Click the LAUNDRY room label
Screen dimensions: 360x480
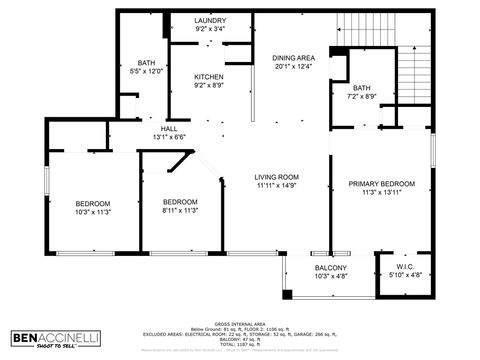[209, 20]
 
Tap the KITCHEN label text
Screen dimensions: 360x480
[209, 77]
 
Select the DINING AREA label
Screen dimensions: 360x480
[293, 57]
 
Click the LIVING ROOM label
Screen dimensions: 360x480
[278, 176]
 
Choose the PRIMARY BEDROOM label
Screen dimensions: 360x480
[381, 184]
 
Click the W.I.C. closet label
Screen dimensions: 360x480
[404, 266]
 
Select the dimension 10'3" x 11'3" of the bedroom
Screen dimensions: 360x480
[93, 211]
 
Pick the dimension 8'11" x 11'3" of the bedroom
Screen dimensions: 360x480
[181, 210]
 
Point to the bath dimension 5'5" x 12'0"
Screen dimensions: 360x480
[146, 71]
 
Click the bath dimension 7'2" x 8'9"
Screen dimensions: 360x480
[361, 96]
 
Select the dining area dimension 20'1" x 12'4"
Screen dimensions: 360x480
[293, 66]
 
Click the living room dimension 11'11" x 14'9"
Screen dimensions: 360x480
[278, 185]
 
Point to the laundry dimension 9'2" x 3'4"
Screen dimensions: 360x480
[209, 29]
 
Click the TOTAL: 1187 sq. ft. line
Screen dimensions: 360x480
[239, 345]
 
